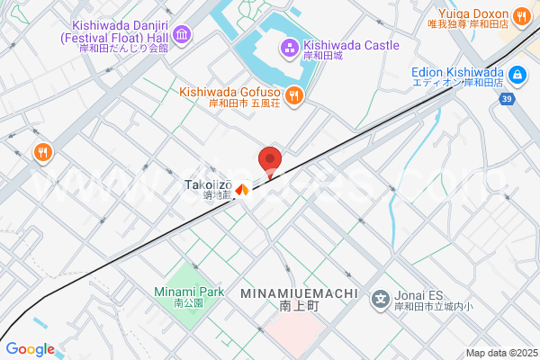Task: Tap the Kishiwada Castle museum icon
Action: point(290,48)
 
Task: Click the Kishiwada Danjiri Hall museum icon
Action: point(183,35)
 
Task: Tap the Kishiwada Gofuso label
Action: point(232,92)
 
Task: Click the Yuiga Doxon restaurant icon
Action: point(522,16)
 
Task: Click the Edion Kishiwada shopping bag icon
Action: point(517,75)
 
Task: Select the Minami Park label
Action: point(188,292)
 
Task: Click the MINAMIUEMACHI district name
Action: point(299,294)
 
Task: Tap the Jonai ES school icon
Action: point(381,298)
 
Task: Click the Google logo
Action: point(30,349)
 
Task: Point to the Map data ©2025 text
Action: point(500,353)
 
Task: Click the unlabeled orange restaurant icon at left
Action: point(41,153)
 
